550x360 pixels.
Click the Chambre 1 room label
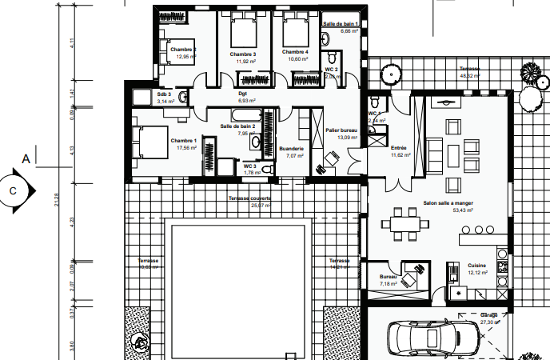(x=183, y=140)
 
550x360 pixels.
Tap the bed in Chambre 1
(x=148, y=143)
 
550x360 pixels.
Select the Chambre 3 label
(x=243, y=54)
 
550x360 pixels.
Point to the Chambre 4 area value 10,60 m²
(x=297, y=59)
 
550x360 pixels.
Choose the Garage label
(x=489, y=315)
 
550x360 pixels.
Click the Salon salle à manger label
(x=447, y=203)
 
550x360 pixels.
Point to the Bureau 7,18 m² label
(x=389, y=284)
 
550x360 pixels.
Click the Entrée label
(x=399, y=148)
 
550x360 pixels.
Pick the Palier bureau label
(x=341, y=130)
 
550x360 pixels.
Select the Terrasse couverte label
(x=250, y=198)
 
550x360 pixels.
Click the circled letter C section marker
(x=13, y=191)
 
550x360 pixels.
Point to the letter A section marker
(x=26, y=159)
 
